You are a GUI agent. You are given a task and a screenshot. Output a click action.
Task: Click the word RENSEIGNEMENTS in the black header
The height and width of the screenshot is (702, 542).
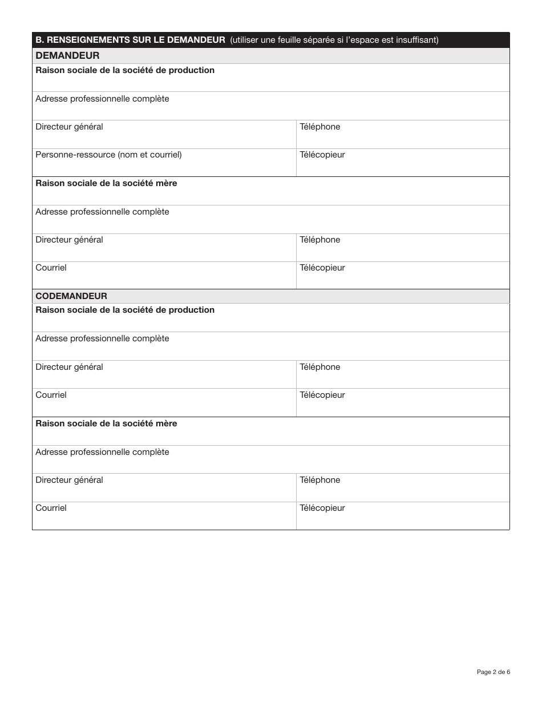81,40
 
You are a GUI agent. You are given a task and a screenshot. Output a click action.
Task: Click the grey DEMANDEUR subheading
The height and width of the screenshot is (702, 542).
67,55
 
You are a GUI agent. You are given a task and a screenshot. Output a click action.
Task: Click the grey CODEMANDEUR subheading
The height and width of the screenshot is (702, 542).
71,296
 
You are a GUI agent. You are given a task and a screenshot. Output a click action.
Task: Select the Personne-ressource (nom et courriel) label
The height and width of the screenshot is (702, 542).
108,155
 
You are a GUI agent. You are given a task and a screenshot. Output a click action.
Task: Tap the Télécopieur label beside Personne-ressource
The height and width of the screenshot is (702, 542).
322,155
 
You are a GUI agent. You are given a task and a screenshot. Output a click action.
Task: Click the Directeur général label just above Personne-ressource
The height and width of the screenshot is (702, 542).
69,127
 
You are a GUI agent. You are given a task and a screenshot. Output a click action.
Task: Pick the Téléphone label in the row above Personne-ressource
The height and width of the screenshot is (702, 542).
320,127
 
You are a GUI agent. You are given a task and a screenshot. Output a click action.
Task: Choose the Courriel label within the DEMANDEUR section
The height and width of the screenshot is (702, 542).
51,268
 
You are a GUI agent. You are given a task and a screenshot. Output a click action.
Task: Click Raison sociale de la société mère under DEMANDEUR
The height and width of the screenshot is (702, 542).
106,183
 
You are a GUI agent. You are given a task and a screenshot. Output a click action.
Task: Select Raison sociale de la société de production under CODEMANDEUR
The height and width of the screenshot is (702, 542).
125,310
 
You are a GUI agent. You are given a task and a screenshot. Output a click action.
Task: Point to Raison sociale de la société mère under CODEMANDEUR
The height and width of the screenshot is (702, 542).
106,423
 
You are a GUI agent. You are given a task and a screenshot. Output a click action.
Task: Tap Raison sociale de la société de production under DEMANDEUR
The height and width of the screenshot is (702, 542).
125,70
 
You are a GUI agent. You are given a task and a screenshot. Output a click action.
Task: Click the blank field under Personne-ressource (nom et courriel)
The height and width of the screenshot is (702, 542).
164,168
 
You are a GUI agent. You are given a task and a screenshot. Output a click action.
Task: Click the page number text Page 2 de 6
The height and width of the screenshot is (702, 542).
494,672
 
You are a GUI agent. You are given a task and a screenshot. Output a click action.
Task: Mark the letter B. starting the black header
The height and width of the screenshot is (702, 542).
39,40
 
